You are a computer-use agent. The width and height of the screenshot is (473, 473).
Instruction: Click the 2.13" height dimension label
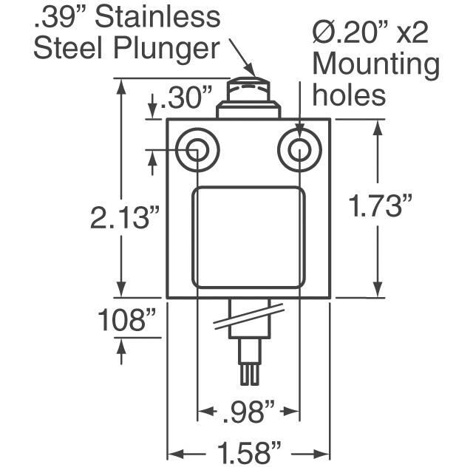[124, 217]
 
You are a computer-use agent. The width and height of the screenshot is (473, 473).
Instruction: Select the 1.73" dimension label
[380, 205]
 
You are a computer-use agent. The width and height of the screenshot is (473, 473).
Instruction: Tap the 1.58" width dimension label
[249, 452]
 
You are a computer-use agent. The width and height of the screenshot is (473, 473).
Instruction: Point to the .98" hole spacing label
[249, 412]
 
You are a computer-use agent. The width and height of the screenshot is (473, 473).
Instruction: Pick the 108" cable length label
[126, 319]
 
